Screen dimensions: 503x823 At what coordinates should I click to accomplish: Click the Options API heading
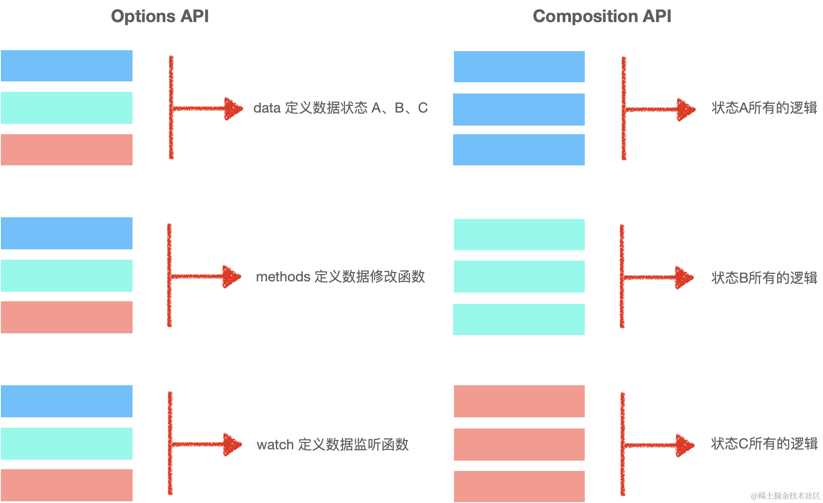tap(160, 16)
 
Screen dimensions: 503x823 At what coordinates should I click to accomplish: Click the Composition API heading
tap(602, 16)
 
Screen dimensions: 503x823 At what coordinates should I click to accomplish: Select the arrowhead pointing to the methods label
tap(232, 277)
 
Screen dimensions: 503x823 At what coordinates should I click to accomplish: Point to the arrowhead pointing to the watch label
tap(233, 445)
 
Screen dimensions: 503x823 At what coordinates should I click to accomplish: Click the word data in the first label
tap(267, 108)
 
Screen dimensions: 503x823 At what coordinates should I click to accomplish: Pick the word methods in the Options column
tap(283, 277)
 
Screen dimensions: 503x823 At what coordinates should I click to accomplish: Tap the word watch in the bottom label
tap(275, 445)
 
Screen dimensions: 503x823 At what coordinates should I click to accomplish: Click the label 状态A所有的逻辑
tap(764, 108)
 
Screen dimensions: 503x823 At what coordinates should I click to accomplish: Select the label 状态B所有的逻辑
tap(764, 278)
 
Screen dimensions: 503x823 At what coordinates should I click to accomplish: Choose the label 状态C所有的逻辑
tap(764, 444)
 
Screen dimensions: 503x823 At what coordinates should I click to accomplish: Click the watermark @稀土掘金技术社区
tap(784, 495)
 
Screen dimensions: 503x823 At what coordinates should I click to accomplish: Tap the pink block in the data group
tap(67, 150)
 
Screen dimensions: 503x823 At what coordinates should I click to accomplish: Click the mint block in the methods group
tap(67, 276)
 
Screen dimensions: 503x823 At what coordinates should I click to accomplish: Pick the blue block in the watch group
tap(67, 401)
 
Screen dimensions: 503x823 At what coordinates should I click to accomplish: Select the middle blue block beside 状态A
tap(519, 110)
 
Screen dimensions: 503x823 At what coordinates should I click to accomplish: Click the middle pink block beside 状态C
tap(519, 445)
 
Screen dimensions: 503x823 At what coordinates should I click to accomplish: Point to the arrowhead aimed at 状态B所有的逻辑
tap(685, 277)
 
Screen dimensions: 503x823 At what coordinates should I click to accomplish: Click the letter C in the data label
tap(423, 108)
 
